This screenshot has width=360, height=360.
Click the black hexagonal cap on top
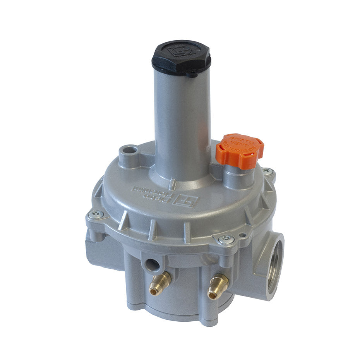(x=181, y=57)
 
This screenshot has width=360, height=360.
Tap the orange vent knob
(x=240, y=151)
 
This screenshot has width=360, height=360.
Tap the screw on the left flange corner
(x=95, y=214)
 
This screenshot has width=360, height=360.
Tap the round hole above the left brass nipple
(x=151, y=265)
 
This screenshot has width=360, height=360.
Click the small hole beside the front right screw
(x=243, y=234)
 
